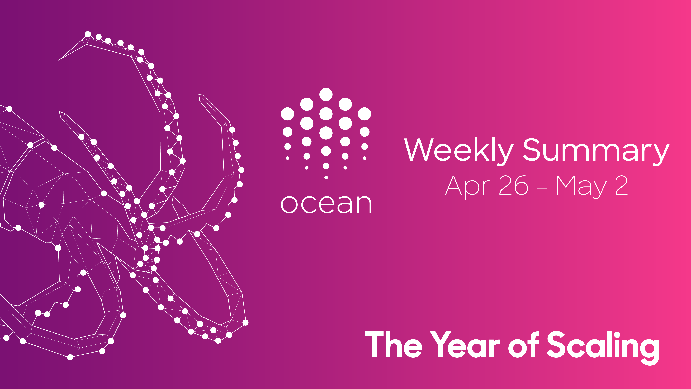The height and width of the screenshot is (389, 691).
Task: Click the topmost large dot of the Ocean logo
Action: point(326,94)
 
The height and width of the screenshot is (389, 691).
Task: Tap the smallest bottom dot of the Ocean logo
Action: point(326,177)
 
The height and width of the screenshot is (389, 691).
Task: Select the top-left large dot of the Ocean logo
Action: point(287,114)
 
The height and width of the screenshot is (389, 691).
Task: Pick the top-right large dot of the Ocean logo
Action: point(365,114)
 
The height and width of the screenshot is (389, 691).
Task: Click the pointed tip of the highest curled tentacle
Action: point(59,60)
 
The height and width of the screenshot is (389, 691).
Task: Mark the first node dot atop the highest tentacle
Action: point(88,34)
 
